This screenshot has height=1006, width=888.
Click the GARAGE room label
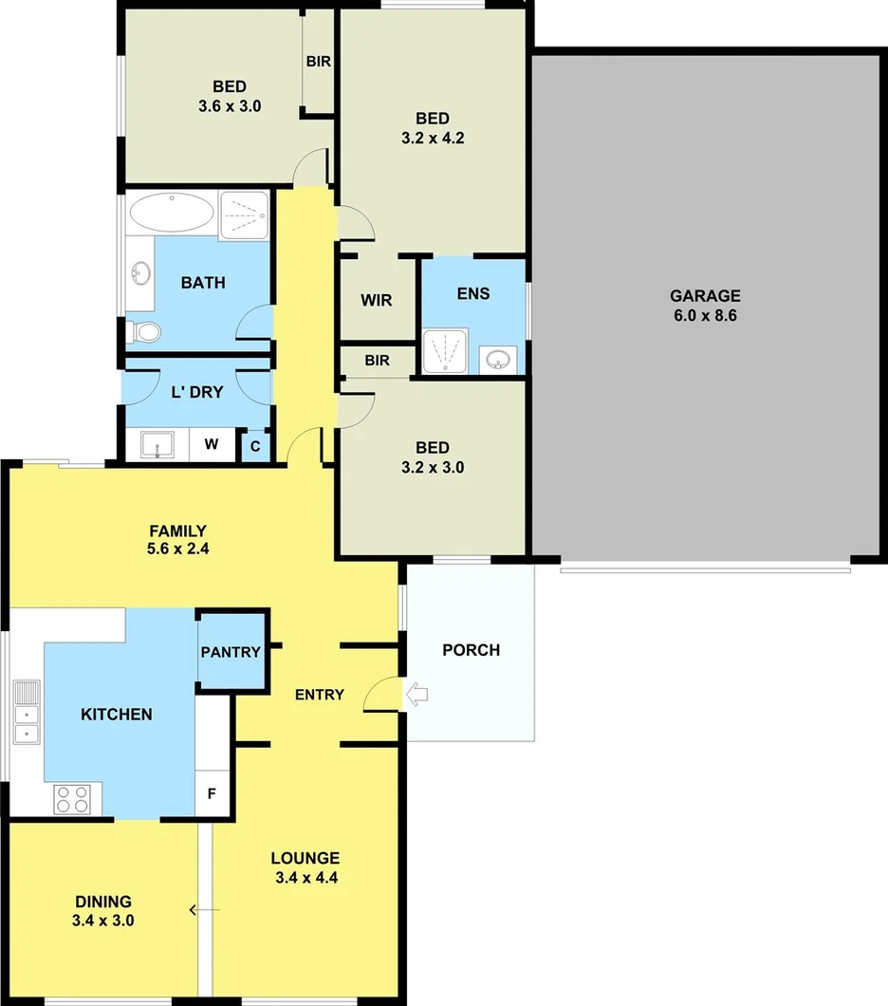pyautogui.click(x=705, y=296)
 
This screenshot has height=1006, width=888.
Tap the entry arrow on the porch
pyautogui.click(x=416, y=695)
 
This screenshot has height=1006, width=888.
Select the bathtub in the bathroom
pyautogui.click(x=172, y=213)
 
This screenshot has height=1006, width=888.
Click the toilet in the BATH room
pyautogui.click(x=145, y=332)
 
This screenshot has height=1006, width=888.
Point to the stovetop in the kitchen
pyautogui.click(x=72, y=798)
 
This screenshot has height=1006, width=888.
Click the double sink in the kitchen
pyautogui.click(x=26, y=711)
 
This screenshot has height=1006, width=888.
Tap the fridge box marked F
pyautogui.click(x=213, y=792)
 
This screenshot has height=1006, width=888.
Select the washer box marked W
pyautogui.click(x=212, y=443)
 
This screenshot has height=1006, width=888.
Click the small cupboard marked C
pyautogui.click(x=255, y=445)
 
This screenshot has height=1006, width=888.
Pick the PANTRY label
pyautogui.click(x=231, y=652)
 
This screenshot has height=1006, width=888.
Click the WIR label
pyautogui.click(x=376, y=300)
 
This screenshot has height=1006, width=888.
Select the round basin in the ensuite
pyautogui.click(x=499, y=360)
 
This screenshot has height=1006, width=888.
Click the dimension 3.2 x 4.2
pyautogui.click(x=433, y=137)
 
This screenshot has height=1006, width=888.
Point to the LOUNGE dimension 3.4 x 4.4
pyautogui.click(x=305, y=878)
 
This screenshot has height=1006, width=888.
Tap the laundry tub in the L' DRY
pyautogui.click(x=157, y=443)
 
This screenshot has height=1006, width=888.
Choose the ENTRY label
pyautogui.click(x=320, y=695)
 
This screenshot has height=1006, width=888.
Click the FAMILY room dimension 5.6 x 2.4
pyautogui.click(x=177, y=548)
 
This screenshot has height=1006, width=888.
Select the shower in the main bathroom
pyautogui.click(x=245, y=215)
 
